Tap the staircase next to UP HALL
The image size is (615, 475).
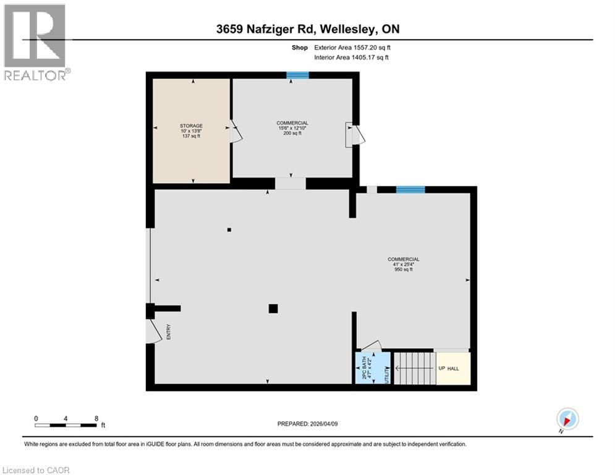(x=414, y=368)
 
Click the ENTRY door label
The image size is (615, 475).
(x=168, y=332)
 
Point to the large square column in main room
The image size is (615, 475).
(x=273, y=309)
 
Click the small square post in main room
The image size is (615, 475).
(x=229, y=230)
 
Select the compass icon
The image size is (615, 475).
(x=567, y=419)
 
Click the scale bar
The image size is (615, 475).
(x=66, y=424)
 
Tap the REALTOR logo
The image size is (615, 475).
(x=35, y=42)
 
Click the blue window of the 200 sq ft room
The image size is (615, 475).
(x=297, y=75)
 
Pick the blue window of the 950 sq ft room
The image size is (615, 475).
(x=410, y=190)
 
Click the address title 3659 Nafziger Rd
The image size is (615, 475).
(x=307, y=30)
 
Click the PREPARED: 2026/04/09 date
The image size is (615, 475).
(x=307, y=424)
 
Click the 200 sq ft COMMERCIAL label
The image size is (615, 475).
(x=292, y=128)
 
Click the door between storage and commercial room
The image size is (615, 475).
(x=235, y=131)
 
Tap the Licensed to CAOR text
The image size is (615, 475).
(x=36, y=470)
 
